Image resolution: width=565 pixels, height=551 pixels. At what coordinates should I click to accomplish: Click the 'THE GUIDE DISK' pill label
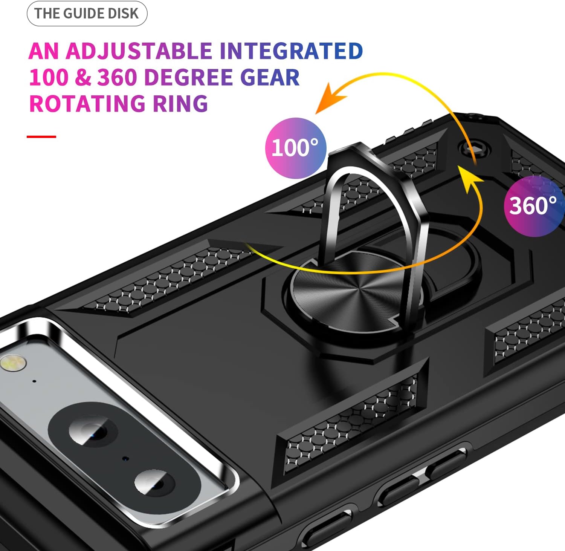pyautogui.click(x=87, y=14)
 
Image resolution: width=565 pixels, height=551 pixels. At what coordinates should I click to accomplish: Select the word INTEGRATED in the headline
pyautogui.click(x=291, y=51)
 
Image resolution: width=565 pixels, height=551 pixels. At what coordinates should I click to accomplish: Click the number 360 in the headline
pyautogui.click(x=117, y=77)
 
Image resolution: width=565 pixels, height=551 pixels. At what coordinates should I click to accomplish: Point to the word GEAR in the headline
pyautogui.click(x=270, y=77)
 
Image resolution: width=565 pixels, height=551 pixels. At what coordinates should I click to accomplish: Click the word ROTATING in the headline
pyautogui.click(x=88, y=103)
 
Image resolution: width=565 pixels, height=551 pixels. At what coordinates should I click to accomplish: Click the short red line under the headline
pyautogui.click(x=41, y=136)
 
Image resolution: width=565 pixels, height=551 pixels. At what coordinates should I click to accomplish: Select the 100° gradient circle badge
pyautogui.click(x=296, y=148)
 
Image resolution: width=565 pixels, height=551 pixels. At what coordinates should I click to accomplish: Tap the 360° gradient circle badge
pyautogui.click(x=534, y=206)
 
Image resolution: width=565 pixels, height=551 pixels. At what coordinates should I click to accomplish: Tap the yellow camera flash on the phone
pyautogui.click(x=14, y=363)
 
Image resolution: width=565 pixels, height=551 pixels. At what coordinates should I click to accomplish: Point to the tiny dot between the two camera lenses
pyautogui.click(x=125, y=459)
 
